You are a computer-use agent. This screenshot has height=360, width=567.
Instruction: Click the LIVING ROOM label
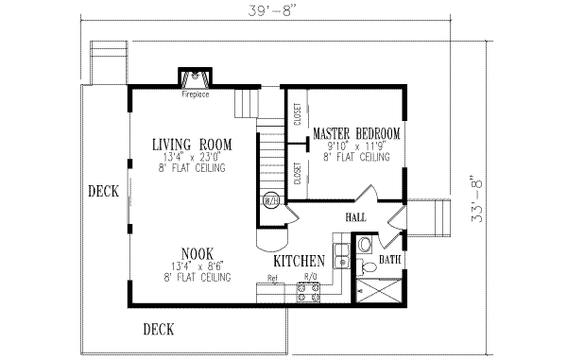(x=190, y=144)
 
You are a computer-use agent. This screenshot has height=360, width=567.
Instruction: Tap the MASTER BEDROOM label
(x=356, y=134)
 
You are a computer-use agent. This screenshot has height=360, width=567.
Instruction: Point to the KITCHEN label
(x=300, y=260)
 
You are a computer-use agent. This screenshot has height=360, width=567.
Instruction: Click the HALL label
(x=355, y=217)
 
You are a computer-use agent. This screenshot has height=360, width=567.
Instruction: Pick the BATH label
(x=389, y=259)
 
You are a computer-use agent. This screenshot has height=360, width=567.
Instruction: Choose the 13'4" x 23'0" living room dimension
(x=190, y=156)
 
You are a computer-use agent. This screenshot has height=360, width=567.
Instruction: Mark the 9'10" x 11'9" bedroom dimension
(x=356, y=146)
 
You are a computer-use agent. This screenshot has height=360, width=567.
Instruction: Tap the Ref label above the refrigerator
(x=272, y=279)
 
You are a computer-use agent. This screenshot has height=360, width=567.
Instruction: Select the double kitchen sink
(x=342, y=248)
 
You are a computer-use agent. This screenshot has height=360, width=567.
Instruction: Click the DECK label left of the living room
(x=103, y=191)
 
